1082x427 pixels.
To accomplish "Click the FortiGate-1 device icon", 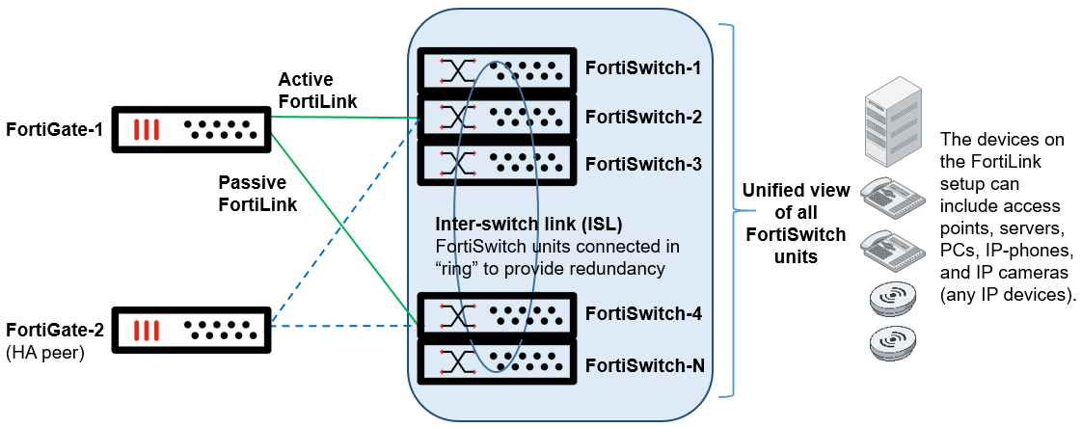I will click(x=191, y=128).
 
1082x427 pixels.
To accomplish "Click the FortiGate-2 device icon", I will click(x=191, y=330).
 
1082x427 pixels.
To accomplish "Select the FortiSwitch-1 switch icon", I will click(x=496, y=67).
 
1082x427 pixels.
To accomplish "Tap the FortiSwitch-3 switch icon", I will click(x=496, y=162).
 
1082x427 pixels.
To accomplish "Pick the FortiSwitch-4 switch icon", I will click(x=496, y=314).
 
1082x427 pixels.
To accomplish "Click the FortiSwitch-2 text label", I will click(x=642, y=118).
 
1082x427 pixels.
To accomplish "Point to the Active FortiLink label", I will click(x=317, y=90).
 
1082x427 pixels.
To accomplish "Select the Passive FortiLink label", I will click(x=257, y=193).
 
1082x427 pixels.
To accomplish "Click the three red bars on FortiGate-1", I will click(x=145, y=129).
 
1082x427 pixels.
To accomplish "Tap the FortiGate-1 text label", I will click(x=54, y=129).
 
